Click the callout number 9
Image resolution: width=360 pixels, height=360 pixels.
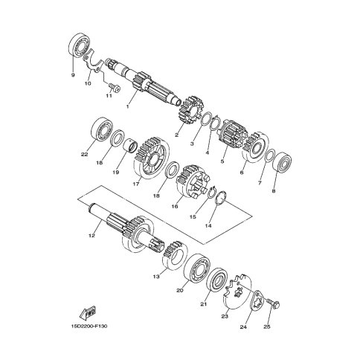[73, 75]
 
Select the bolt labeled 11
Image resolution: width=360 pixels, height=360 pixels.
[115, 87]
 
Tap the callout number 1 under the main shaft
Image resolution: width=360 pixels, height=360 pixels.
[128, 107]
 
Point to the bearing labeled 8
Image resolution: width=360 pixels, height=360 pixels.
[282, 163]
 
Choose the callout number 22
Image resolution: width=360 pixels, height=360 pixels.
[84, 154]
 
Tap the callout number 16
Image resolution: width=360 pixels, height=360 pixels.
[175, 206]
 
